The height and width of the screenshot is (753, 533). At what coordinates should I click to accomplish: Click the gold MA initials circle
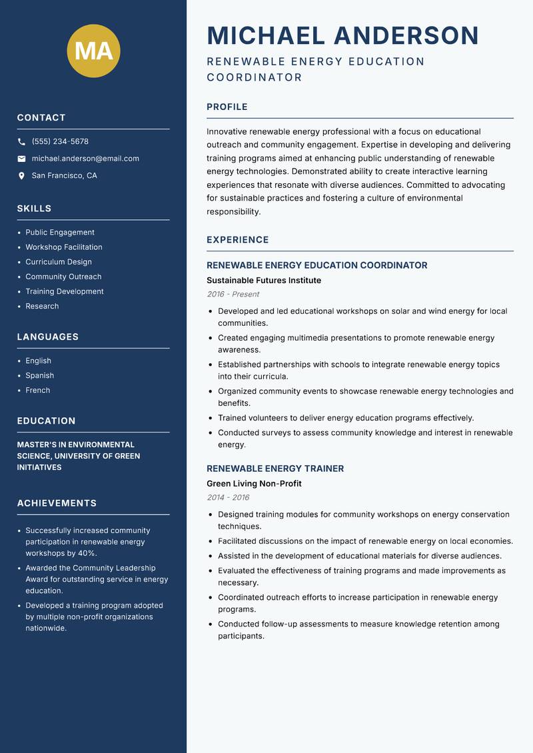point(94,51)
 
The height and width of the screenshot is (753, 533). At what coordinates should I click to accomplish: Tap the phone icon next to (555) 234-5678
point(21,142)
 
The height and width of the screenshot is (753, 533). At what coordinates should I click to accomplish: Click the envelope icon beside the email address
point(21,159)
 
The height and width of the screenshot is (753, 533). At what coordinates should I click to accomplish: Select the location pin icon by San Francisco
point(21,176)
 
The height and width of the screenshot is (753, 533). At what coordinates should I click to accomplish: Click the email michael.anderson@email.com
point(85,159)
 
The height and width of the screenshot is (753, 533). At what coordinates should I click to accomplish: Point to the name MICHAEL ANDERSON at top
point(342,35)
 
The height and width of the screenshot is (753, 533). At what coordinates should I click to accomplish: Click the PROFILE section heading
point(227,107)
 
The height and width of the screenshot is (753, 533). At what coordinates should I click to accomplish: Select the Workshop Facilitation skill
point(64,247)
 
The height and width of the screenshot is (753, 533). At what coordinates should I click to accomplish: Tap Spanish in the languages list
point(40,376)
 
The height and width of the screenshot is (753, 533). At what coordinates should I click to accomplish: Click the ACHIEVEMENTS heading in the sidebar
point(57,503)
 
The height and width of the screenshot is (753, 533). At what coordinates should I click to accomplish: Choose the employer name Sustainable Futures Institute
point(264,281)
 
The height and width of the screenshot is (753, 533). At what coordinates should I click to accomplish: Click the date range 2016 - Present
point(233,294)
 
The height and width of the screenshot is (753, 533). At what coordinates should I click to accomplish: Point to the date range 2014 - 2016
point(228,497)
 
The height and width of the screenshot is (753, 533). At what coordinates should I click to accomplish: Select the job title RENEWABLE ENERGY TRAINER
point(275,468)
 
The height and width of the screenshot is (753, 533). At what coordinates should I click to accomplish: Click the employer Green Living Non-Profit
point(254,484)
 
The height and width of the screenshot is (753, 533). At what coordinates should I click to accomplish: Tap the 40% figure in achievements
point(87,554)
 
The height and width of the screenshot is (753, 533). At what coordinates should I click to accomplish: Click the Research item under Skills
point(42,307)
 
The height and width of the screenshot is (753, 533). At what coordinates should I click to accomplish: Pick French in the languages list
point(38,390)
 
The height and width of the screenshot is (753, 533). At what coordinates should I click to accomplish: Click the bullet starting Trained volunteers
point(346,418)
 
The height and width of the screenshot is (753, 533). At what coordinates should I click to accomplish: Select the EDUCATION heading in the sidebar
point(46,421)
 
